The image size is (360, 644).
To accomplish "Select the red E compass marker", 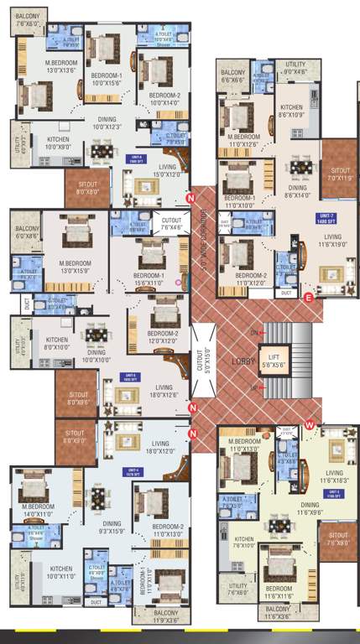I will point(309,297).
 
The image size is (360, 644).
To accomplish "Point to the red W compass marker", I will point(310,424).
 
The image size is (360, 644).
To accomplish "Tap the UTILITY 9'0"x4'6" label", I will point(295,68).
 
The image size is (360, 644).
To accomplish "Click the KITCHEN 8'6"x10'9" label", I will point(291,111).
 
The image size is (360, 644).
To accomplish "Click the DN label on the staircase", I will point(254,333).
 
